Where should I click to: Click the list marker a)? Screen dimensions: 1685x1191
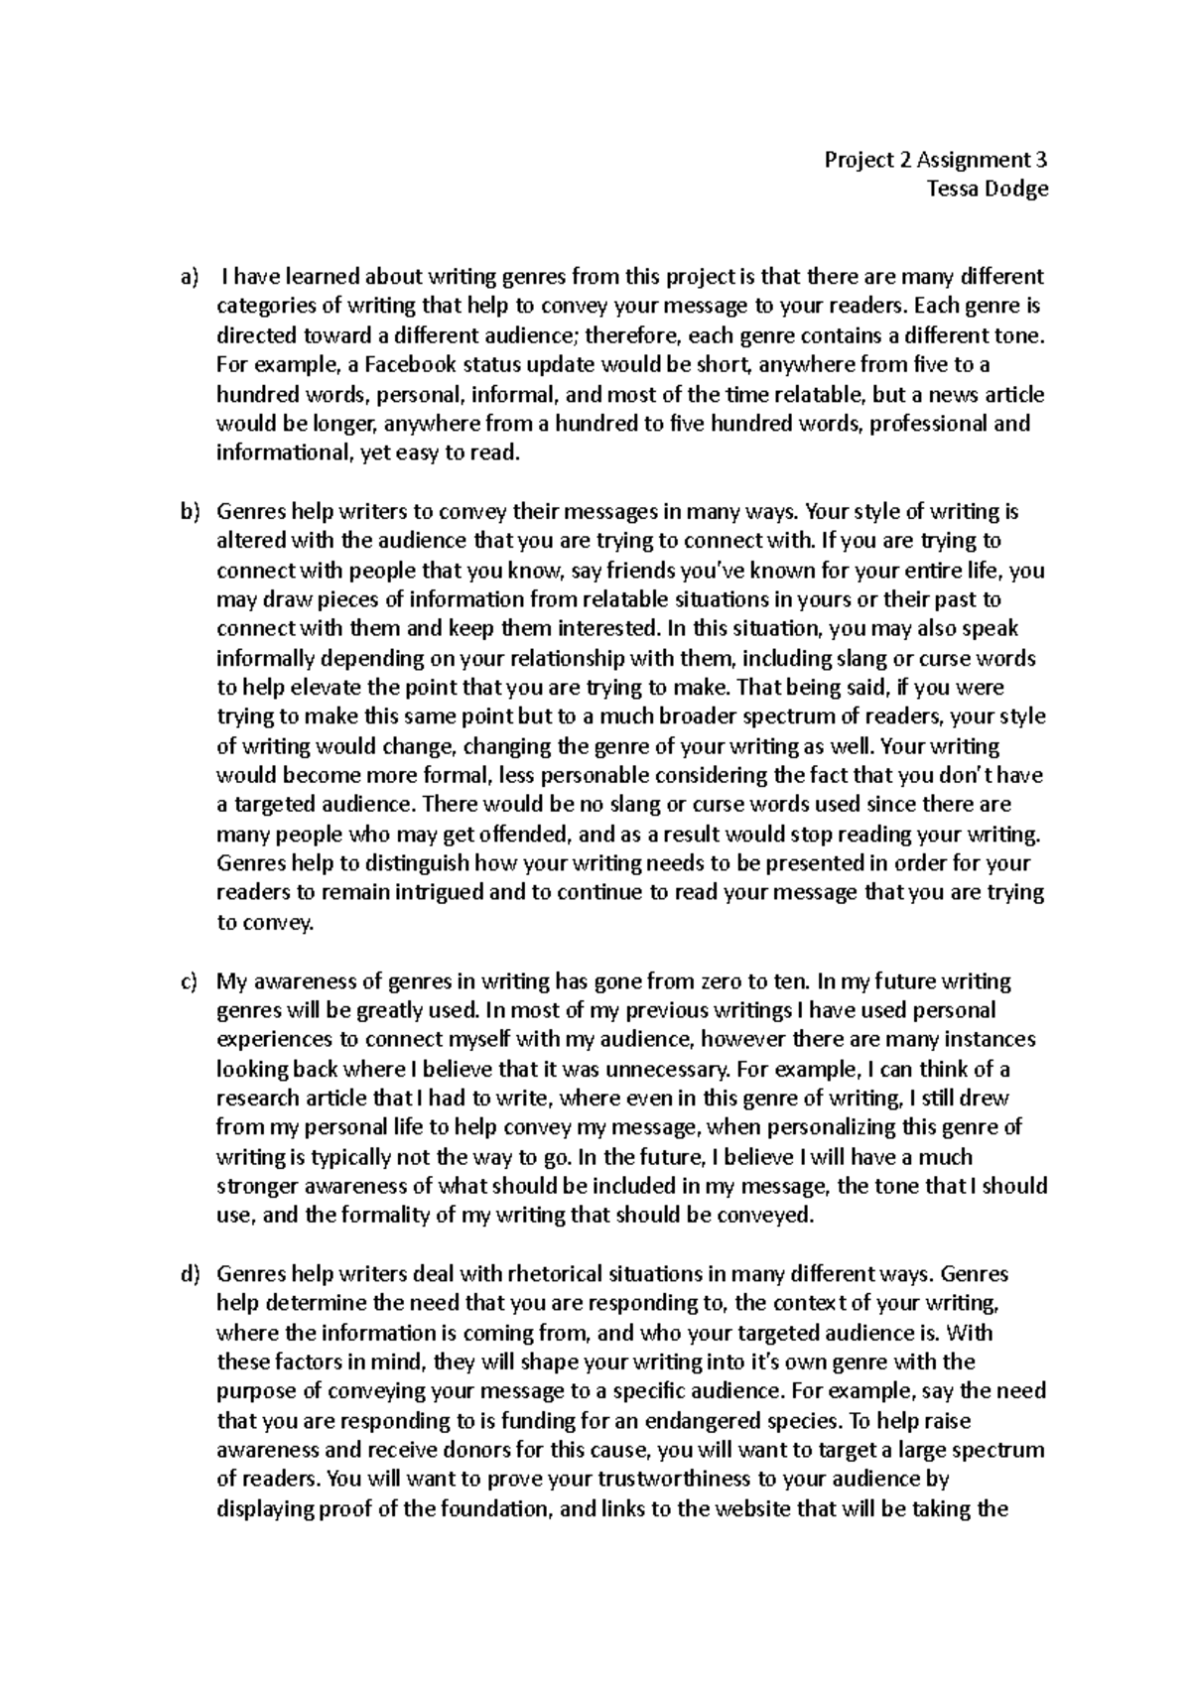[189, 277]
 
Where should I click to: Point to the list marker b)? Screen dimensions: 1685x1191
[189, 513]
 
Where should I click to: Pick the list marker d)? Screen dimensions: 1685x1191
[189, 1274]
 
